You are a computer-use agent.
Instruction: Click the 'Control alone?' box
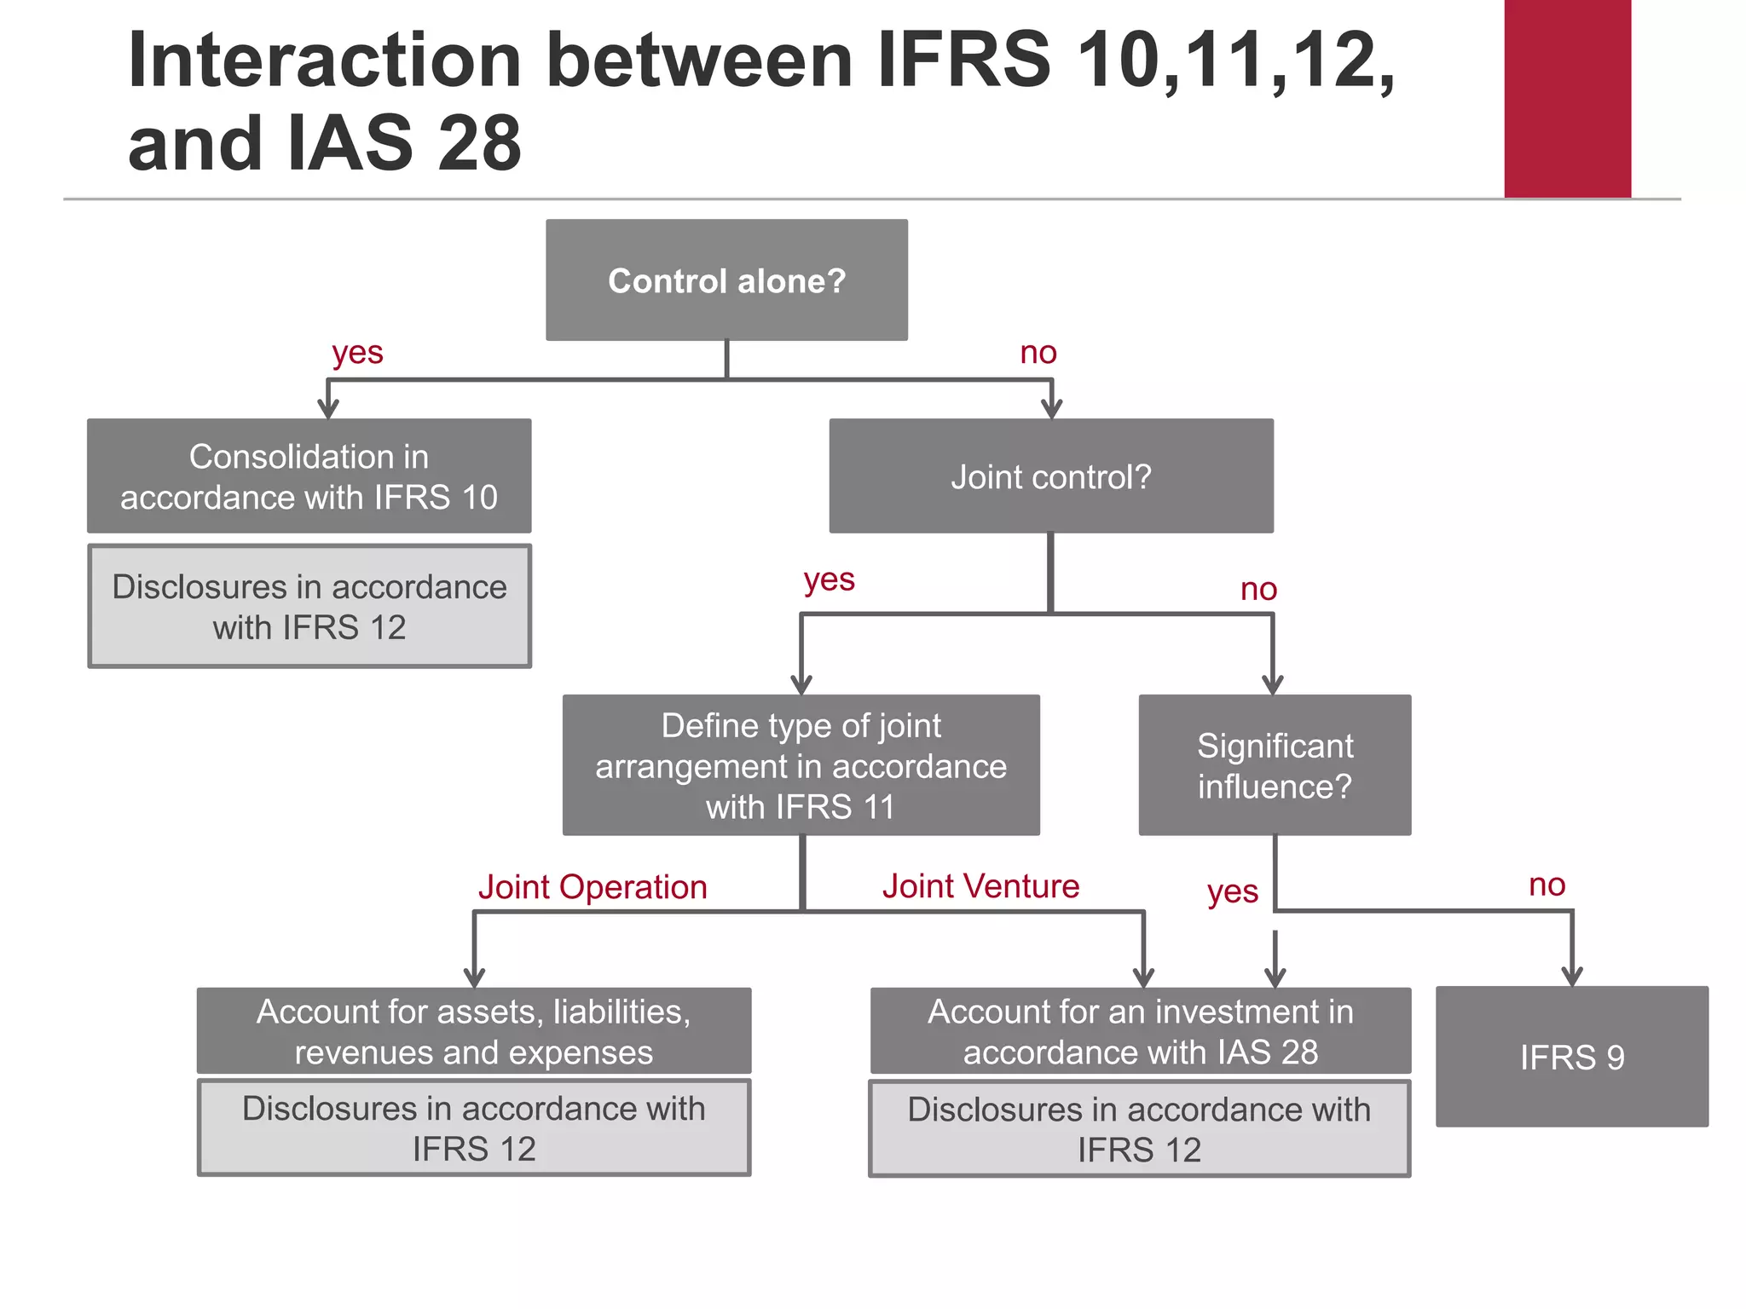726,280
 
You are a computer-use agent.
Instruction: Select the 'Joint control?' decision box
1051,476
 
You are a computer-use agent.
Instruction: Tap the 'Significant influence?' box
1275,765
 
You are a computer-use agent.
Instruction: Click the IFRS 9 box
1572,1057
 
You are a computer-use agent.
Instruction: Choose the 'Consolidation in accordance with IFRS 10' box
309,476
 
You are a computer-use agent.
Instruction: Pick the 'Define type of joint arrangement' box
801,765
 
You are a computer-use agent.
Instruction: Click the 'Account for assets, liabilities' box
474,1031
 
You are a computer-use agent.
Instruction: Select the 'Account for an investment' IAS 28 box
1141,1031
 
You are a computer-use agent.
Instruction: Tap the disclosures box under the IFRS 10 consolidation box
309,607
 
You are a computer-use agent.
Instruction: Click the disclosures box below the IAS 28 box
1139,1129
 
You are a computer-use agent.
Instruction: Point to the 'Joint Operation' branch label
593,887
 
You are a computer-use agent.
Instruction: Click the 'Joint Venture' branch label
980,886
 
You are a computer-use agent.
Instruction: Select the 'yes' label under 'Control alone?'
357,353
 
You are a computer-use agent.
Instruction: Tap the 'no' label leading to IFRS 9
1547,885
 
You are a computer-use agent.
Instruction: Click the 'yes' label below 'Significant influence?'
1233,892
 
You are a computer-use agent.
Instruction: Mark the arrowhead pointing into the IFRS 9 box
1572,977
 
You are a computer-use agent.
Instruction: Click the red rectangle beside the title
1567,99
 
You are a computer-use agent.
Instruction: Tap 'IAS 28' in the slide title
405,143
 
